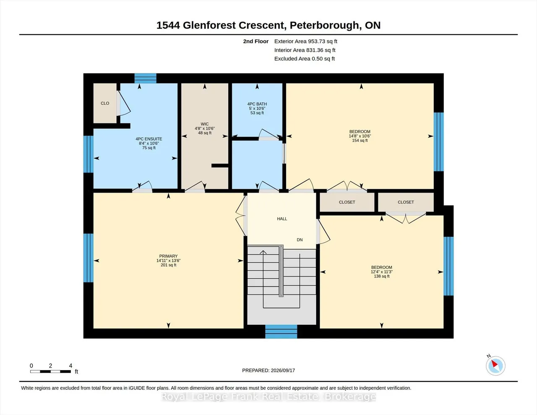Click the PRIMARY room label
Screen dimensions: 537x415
click(168, 256)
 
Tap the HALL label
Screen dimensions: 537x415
click(282, 219)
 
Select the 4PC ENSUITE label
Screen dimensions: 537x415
click(149, 139)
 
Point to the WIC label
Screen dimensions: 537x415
click(205, 124)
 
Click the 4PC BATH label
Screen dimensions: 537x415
click(257, 104)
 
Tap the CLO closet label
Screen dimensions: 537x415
click(105, 103)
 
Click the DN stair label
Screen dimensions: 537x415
click(300, 240)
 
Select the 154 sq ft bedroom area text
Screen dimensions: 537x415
click(360, 141)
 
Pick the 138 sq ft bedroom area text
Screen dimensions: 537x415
click(381, 276)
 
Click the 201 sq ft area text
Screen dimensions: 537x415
click(168, 265)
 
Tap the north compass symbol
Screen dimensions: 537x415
click(495, 365)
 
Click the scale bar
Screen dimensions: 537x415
click(50, 371)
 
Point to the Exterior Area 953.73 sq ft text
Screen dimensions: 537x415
click(306, 41)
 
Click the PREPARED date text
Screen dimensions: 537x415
click(268, 370)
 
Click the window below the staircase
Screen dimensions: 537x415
click(281, 331)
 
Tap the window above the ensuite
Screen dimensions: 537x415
click(145, 78)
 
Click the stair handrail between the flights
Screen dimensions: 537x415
click(281, 271)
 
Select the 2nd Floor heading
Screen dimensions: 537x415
click(256, 41)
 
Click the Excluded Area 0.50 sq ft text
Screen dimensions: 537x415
click(305, 59)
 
